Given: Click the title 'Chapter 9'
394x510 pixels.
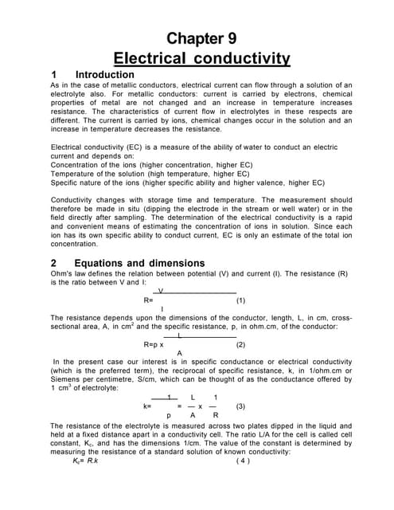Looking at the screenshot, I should click(201, 39).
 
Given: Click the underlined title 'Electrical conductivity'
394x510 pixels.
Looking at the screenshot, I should click(201, 59).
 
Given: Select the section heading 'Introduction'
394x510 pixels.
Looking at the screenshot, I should click(104, 75).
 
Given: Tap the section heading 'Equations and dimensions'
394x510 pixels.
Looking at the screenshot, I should click(138, 263).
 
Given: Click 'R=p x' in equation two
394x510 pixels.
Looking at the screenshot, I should click(154, 345).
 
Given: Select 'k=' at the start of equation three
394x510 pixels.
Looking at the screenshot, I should click(147, 406).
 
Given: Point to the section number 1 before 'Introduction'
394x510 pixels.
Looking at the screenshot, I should click(54, 75).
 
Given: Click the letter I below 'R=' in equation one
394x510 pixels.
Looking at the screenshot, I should click(162, 309).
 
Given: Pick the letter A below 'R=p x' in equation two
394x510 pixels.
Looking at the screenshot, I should click(179, 353).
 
